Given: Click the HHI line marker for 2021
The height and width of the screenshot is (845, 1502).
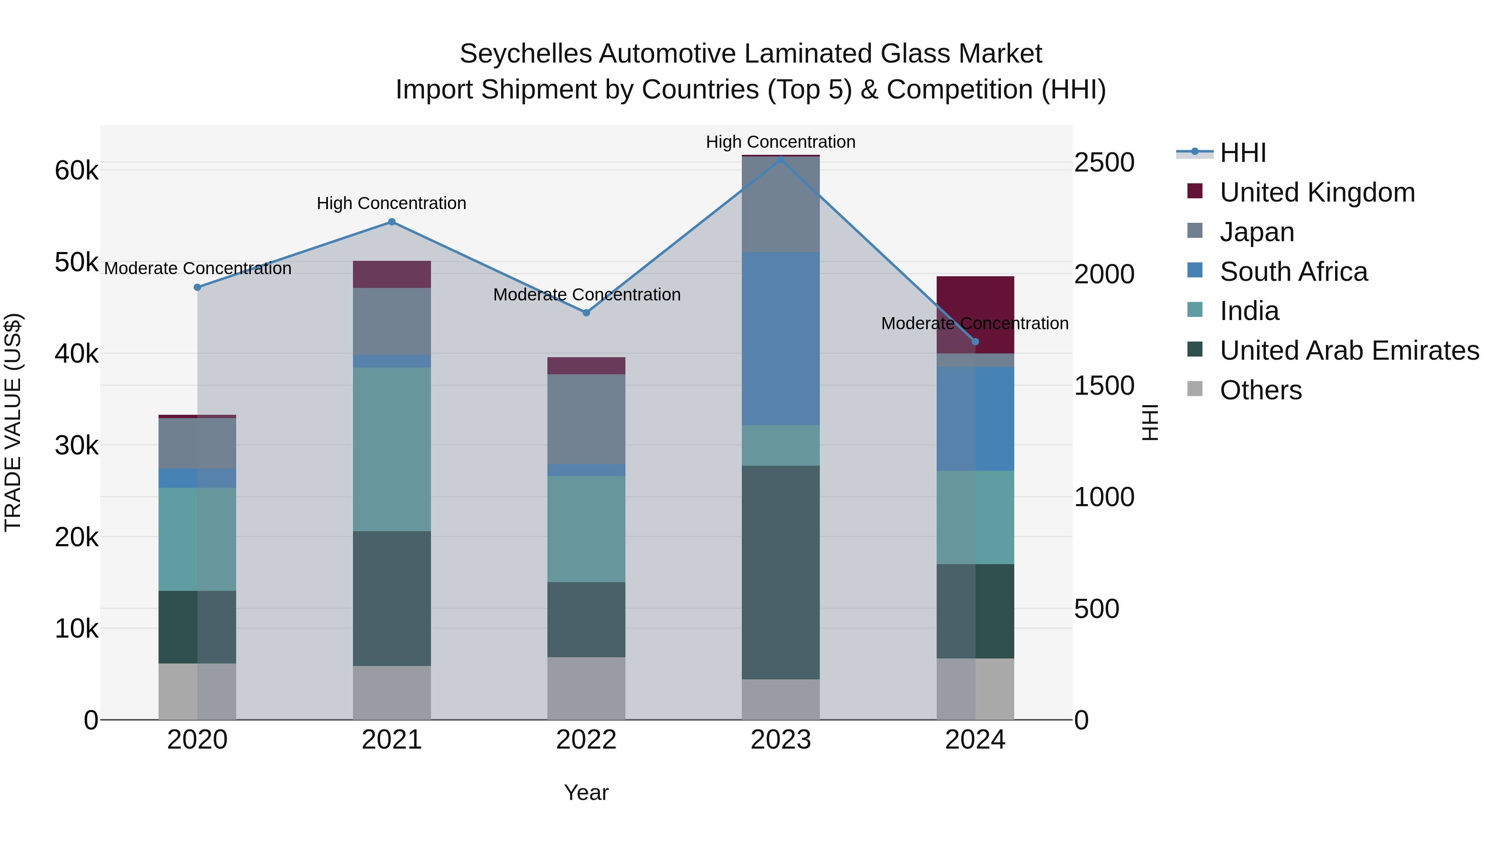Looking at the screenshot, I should coord(392,222).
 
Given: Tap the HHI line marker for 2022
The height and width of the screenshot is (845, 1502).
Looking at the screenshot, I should coord(587,313).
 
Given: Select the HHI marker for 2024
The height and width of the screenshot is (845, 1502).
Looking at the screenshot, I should coord(975,342).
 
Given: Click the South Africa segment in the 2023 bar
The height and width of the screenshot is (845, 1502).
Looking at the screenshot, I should coord(781,338).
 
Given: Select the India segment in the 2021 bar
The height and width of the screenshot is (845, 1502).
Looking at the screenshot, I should coord(392,449).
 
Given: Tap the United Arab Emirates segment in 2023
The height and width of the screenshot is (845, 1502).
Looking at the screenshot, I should coord(781,572).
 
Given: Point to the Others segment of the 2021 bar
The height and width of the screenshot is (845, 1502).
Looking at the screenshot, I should coord(392,692).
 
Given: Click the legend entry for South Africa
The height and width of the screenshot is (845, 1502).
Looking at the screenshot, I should coord(1293,272).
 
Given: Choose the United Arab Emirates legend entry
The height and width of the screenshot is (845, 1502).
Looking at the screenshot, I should coord(1349,351).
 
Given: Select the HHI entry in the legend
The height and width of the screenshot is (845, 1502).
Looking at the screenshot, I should coord(1242,153).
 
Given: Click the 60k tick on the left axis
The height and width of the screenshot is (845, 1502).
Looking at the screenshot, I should coord(76,171).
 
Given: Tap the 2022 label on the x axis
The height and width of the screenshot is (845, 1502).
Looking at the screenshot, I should coord(587,740).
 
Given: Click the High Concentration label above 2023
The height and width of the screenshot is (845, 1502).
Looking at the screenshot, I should coord(781,142).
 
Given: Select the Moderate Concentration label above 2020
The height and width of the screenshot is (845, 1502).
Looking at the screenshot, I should coord(198,268).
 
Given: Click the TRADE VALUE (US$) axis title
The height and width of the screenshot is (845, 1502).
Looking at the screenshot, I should coord(13,422).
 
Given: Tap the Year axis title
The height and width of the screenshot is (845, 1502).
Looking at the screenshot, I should coord(586,792).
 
